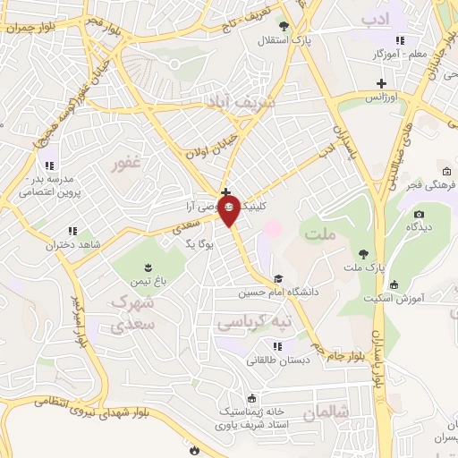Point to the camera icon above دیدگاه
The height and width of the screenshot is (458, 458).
419,215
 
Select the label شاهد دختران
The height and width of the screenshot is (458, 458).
102,242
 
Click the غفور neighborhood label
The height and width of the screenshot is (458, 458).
125,165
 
